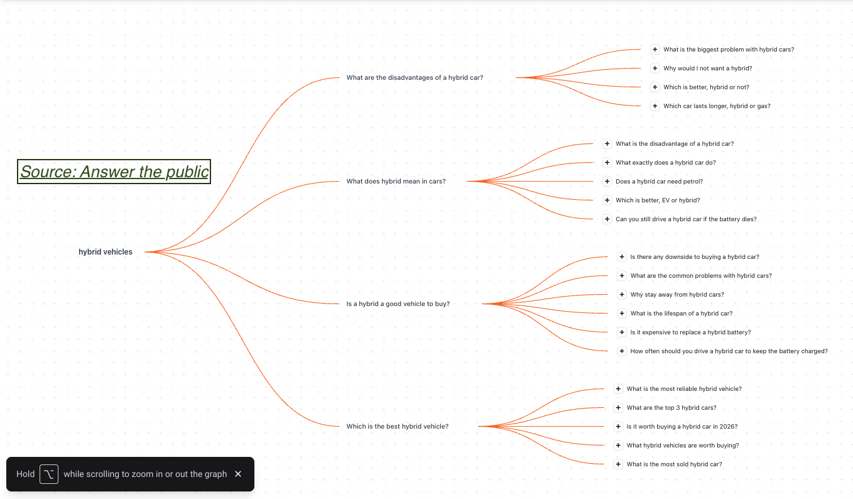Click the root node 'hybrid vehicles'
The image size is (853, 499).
pyautogui.click(x=106, y=252)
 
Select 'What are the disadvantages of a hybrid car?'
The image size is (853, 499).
pyautogui.click(x=415, y=77)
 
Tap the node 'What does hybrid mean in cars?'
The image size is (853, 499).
pyautogui.click(x=396, y=182)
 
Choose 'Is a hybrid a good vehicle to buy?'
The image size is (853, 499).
pyautogui.click(x=398, y=304)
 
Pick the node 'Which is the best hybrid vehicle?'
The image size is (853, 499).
pyautogui.click(x=398, y=426)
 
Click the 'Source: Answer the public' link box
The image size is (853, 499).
pyautogui.click(x=114, y=172)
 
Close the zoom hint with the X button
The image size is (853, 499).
pyautogui.click(x=238, y=474)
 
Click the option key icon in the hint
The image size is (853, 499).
pyautogui.click(x=49, y=474)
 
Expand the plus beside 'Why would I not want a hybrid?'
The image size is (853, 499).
pyautogui.click(x=655, y=68)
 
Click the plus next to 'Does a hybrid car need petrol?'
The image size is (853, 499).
pyautogui.click(x=607, y=182)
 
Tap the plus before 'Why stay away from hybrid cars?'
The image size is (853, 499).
pyautogui.click(x=622, y=295)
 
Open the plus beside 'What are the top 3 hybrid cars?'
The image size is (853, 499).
pyautogui.click(x=618, y=408)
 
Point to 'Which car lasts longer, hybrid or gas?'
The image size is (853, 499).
pyautogui.click(x=717, y=106)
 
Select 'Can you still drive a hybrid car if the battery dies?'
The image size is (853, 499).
pyautogui.click(x=686, y=219)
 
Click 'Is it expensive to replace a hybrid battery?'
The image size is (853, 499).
pyautogui.click(x=690, y=332)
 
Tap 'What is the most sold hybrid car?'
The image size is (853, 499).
pyautogui.click(x=675, y=464)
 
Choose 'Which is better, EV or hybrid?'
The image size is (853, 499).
pyautogui.click(x=658, y=200)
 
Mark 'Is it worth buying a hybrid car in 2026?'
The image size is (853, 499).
pyautogui.click(x=682, y=426)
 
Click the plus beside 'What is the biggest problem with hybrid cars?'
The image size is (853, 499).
pyautogui.click(x=655, y=50)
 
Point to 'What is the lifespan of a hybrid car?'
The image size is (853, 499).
pyautogui.click(x=682, y=313)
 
